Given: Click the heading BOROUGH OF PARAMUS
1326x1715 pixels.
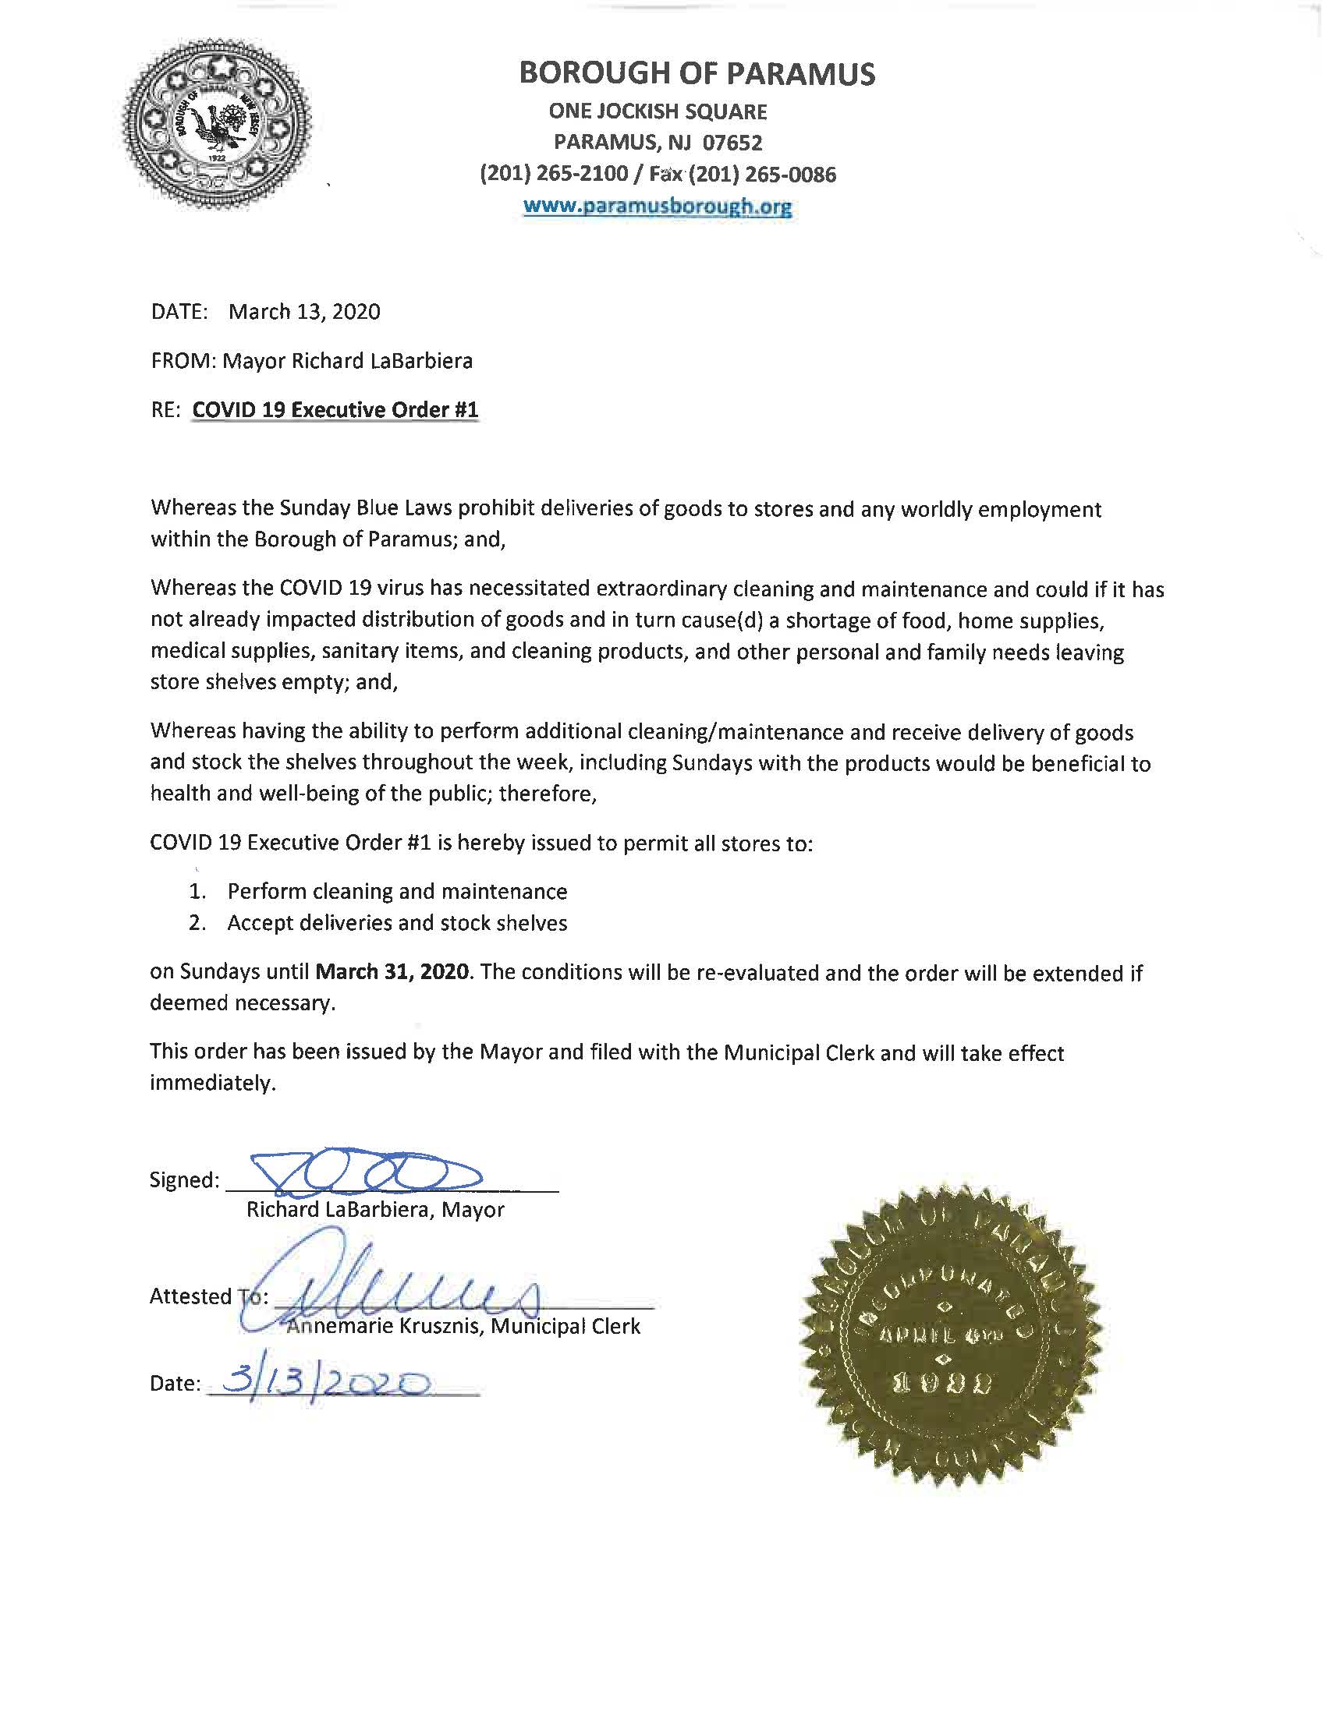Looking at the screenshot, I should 697,73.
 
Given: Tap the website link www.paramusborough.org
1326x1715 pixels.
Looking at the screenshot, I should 657,207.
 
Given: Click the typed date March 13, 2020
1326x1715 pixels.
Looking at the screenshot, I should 304,312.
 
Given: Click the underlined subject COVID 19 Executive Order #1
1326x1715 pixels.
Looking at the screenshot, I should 335,410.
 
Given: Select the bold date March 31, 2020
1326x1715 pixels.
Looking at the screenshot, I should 393,971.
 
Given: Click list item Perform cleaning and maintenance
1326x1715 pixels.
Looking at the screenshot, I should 397,891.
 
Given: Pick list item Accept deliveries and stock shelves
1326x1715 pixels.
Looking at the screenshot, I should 397,923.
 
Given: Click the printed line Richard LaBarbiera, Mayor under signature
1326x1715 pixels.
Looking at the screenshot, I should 374,1210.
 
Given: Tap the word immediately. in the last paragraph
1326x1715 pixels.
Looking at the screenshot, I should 213,1084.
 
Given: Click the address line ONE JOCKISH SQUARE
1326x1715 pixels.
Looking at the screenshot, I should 658,111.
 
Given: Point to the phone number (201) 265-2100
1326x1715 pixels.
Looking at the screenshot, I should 554,175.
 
